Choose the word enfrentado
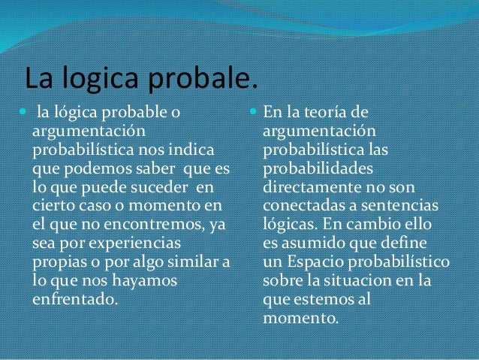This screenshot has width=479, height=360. [74, 298]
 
